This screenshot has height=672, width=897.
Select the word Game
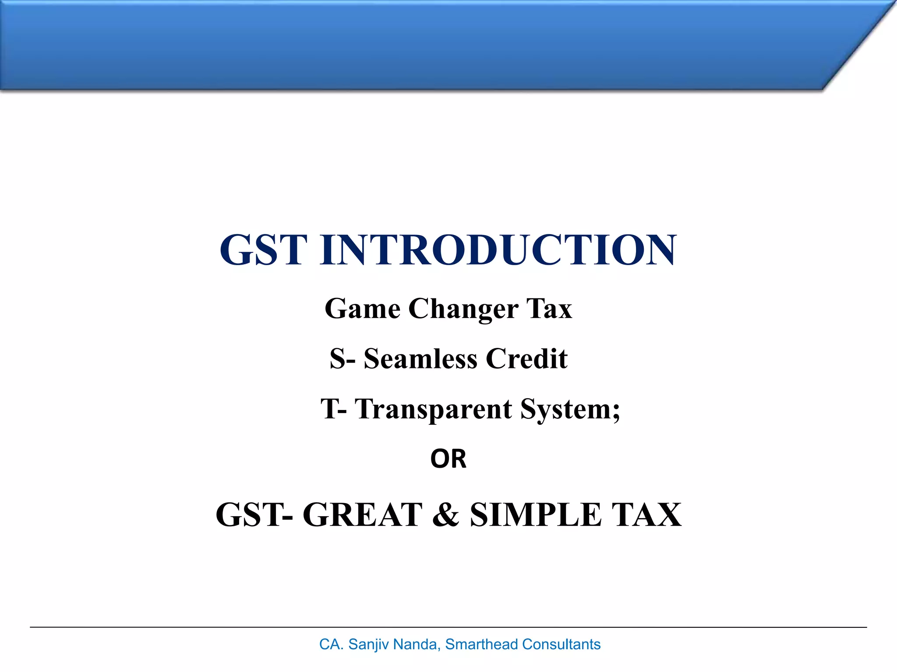tap(362, 309)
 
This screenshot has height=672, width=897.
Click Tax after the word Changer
tap(549, 309)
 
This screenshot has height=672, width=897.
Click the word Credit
tap(526, 359)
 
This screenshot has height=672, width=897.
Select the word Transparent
tap(433, 409)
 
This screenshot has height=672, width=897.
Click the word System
tap(569, 409)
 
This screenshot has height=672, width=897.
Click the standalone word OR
tap(448, 459)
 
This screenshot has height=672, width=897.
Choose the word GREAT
tap(362, 514)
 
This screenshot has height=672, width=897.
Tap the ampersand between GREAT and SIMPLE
tap(445, 514)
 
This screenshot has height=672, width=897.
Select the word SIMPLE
tap(536, 514)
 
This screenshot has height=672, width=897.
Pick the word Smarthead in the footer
tap(481, 644)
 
